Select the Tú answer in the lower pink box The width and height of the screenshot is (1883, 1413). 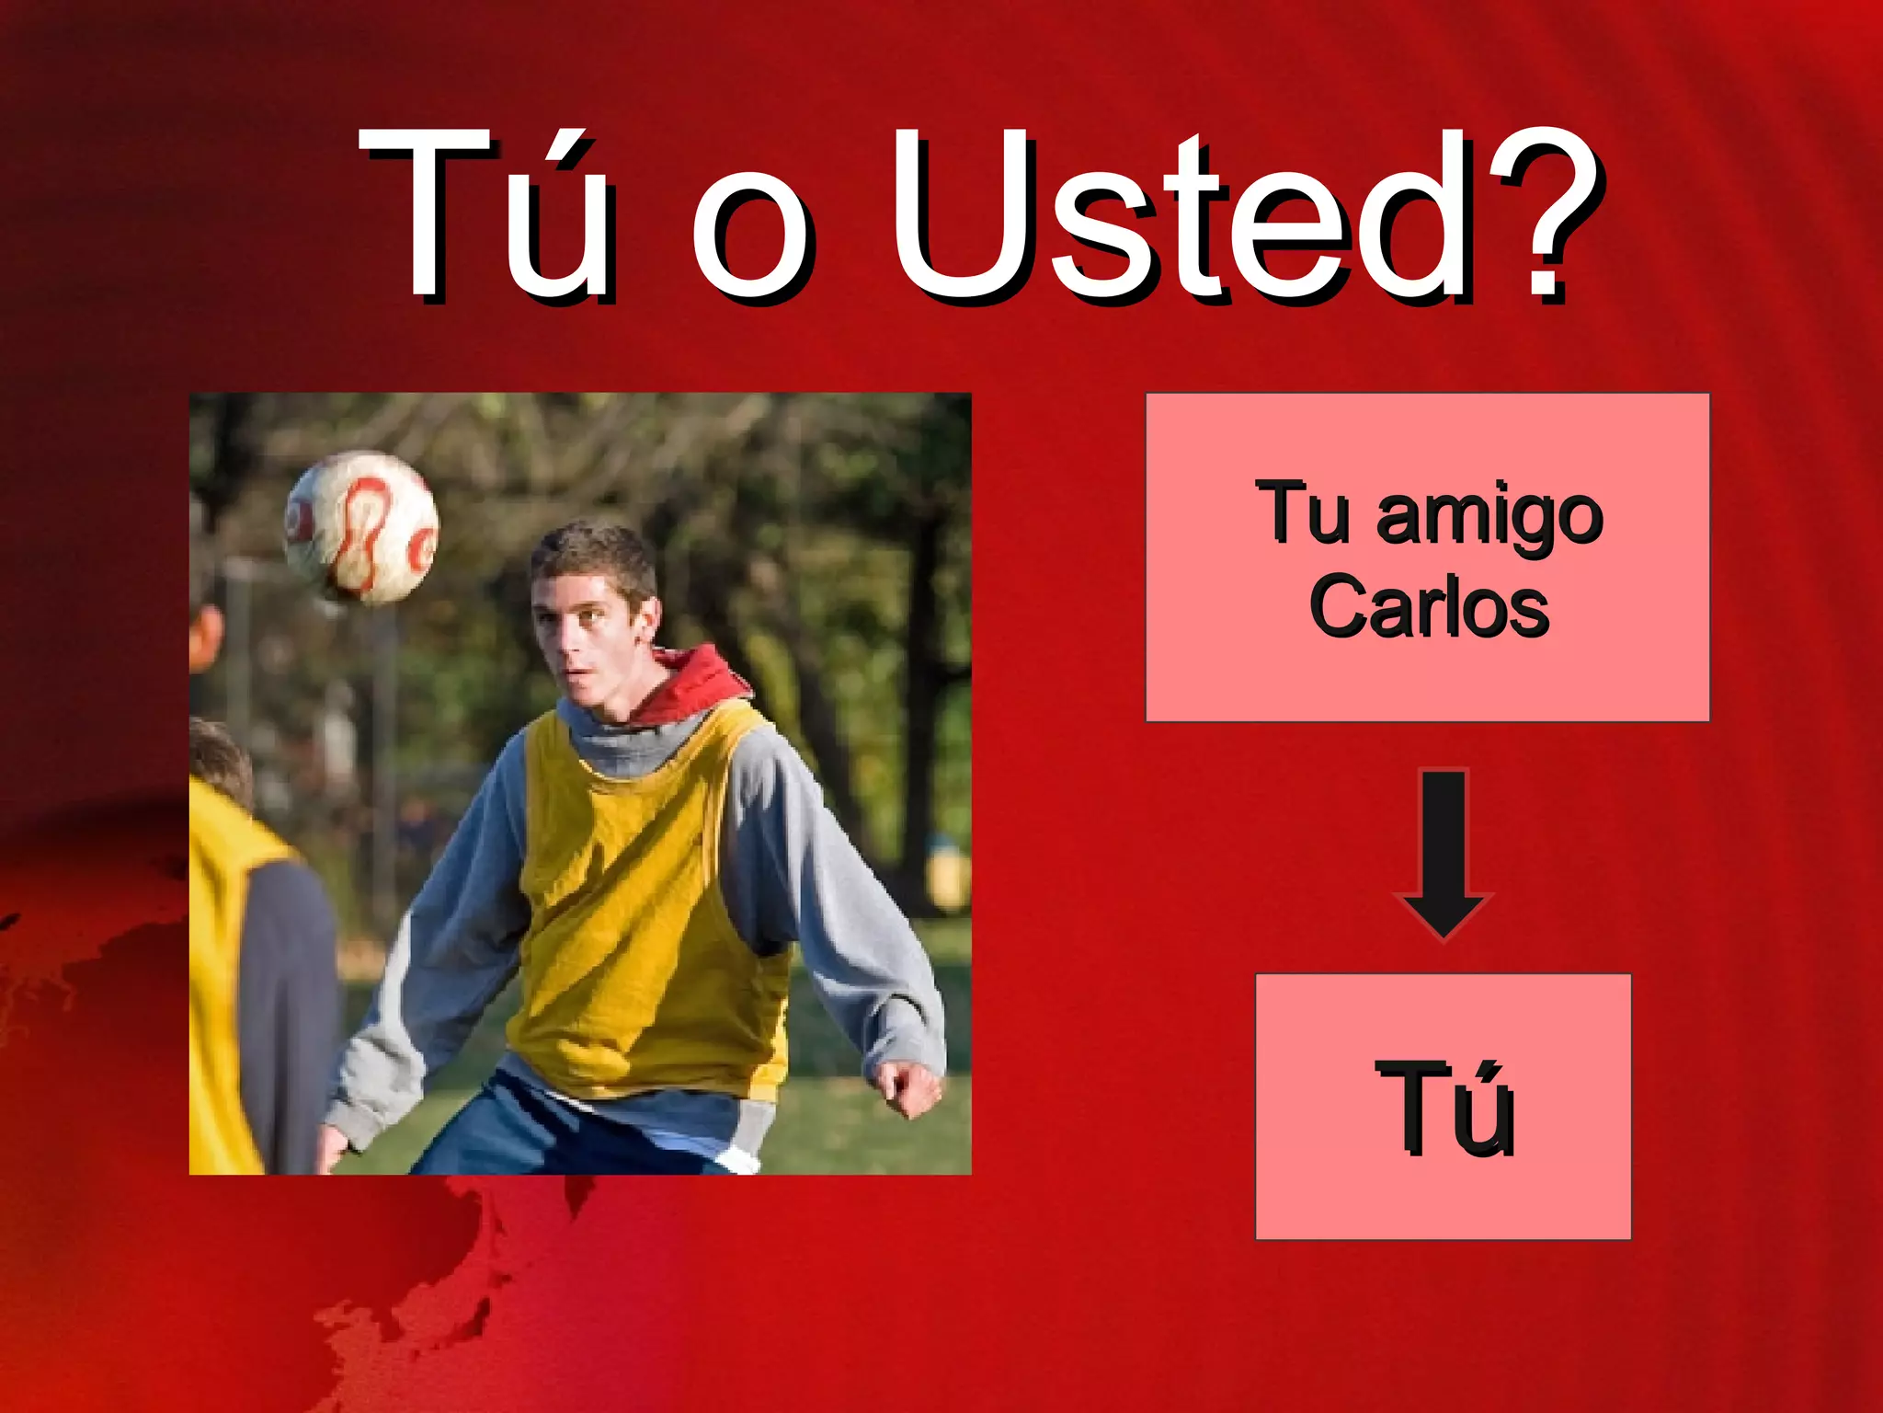pos(1444,1108)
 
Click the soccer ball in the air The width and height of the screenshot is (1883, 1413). pos(360,527)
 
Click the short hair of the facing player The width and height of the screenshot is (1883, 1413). pos(593,552)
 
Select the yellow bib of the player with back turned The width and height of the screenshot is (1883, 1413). pos(221,966)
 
